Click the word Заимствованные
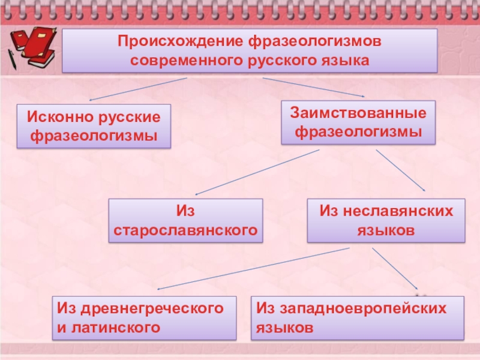(359, 112)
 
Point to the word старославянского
(185, 230)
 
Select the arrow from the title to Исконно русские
(138, 88)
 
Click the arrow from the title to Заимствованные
(313, 86)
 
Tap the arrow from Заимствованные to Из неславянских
(401, 170)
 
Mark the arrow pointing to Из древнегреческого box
(252, 269)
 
